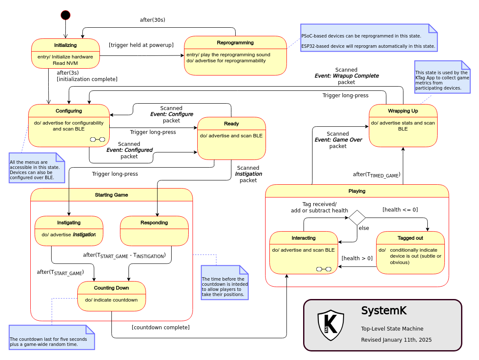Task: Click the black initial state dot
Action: pos(65,15)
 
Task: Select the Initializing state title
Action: pos(65,45)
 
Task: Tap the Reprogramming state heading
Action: pos(235,43)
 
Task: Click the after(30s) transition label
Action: pos(152,20)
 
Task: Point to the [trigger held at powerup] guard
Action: pos(141,45)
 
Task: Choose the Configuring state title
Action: pos(69,111)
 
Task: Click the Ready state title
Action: pos(231,124)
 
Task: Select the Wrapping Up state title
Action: pos(403,111)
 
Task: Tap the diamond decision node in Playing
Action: pos(357,218)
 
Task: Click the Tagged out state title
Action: pos(410,238)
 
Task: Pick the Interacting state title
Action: pos(304,238)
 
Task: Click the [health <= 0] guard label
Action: pos(400,209)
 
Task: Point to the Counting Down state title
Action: pos(111,288)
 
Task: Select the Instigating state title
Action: pos(69,223)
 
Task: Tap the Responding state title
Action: pos(154,223)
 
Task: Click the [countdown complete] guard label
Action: pos(161,327)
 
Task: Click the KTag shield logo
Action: pos(331,325)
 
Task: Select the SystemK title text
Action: pos(384,311)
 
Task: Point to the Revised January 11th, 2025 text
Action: pos(396,340)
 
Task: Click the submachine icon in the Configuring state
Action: pos(97,139)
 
